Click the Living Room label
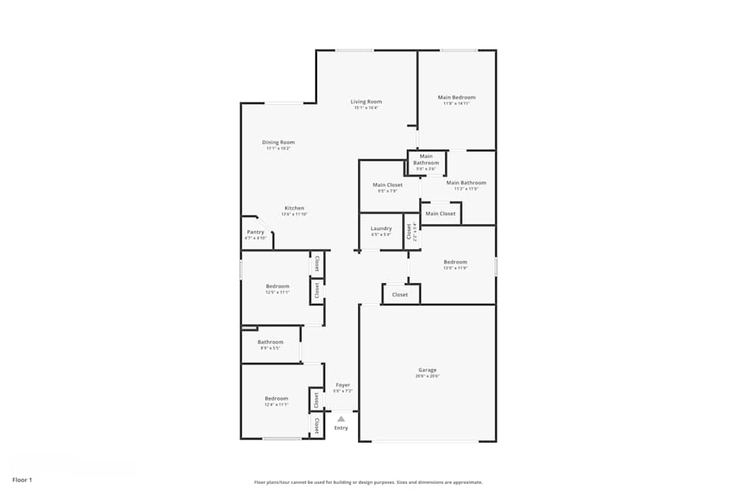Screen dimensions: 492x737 (366, 102)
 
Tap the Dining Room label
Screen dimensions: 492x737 (279, 142)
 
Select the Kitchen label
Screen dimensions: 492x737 (294, 208)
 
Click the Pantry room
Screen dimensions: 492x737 (255, 234)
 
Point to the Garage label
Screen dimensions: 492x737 (427, 370)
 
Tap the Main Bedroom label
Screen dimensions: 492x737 (456, 97)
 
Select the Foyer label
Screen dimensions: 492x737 (343, 385)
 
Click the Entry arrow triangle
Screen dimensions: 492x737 (340, 418)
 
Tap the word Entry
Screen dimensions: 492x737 (341, 428)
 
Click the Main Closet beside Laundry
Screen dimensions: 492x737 (388, 187)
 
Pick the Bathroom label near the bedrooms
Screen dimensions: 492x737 (270, 342)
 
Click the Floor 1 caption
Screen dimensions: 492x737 (22, 479)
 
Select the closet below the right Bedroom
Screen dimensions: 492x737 (400, 294)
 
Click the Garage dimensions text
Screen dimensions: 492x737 (427, 376)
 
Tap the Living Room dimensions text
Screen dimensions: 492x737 (366, 108)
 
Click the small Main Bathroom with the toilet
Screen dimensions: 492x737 (426, 162)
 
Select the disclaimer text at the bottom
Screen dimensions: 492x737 (368, 482)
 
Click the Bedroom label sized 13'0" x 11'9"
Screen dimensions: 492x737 (455, 262)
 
